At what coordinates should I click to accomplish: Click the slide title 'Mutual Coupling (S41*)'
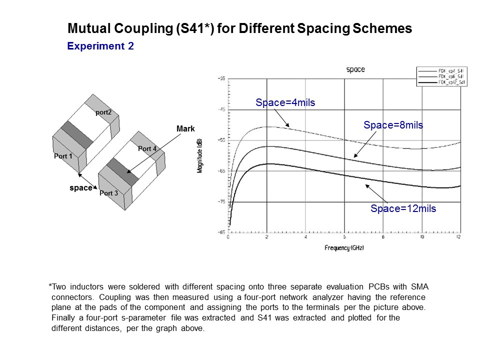coord(239,29)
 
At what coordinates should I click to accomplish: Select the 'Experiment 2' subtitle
coord(100,46)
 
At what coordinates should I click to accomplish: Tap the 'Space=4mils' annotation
coord(285,103)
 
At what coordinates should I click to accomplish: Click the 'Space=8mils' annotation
coord(393,125)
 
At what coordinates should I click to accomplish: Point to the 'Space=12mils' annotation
coord(403,208)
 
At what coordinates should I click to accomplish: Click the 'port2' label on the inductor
coord(103,112)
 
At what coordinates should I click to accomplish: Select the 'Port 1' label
coord(63,156)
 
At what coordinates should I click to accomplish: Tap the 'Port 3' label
coord(108,193)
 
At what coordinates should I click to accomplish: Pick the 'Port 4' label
coord(147,149)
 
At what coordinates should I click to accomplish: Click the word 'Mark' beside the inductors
coord(185,129)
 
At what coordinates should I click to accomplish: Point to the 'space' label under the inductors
coord(80,188)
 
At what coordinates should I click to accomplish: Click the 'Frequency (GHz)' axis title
coord(344,248)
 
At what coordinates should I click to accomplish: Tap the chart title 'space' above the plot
coord(355,69)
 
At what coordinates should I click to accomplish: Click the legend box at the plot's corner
coord(441,76)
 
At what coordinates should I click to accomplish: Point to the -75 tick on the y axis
coord(221,201)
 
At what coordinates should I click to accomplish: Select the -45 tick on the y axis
coord(221,109)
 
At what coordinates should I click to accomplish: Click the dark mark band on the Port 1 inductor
coord(77,134)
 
